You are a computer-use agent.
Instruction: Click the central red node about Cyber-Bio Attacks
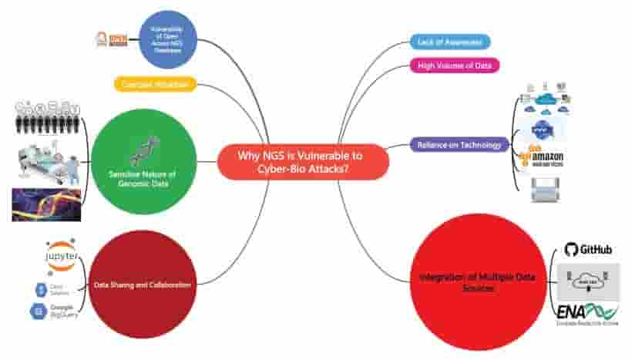tap(303, 162)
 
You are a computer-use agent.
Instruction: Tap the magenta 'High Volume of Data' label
tap(455, 65)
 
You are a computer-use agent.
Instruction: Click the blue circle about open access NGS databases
tap(168, 39)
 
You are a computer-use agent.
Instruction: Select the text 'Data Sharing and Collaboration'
tap(142, 284)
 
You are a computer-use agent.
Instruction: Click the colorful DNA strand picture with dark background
tap(46, 204)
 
